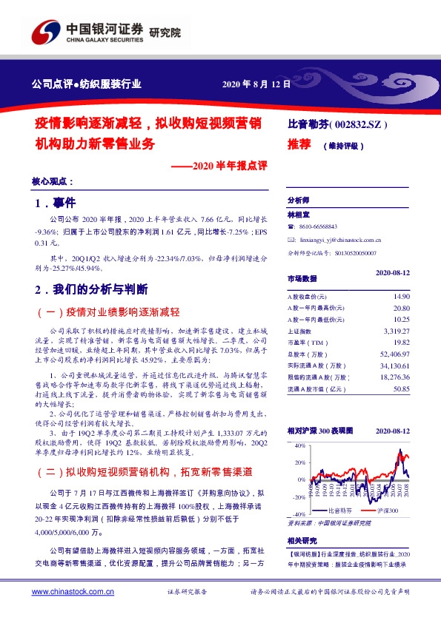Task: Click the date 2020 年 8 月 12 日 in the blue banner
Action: [x=256, y=84]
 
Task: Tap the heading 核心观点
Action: [x=53, y=181]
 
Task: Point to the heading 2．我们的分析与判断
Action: [x=92, y=288]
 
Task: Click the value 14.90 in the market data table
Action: [x=401, y=296]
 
